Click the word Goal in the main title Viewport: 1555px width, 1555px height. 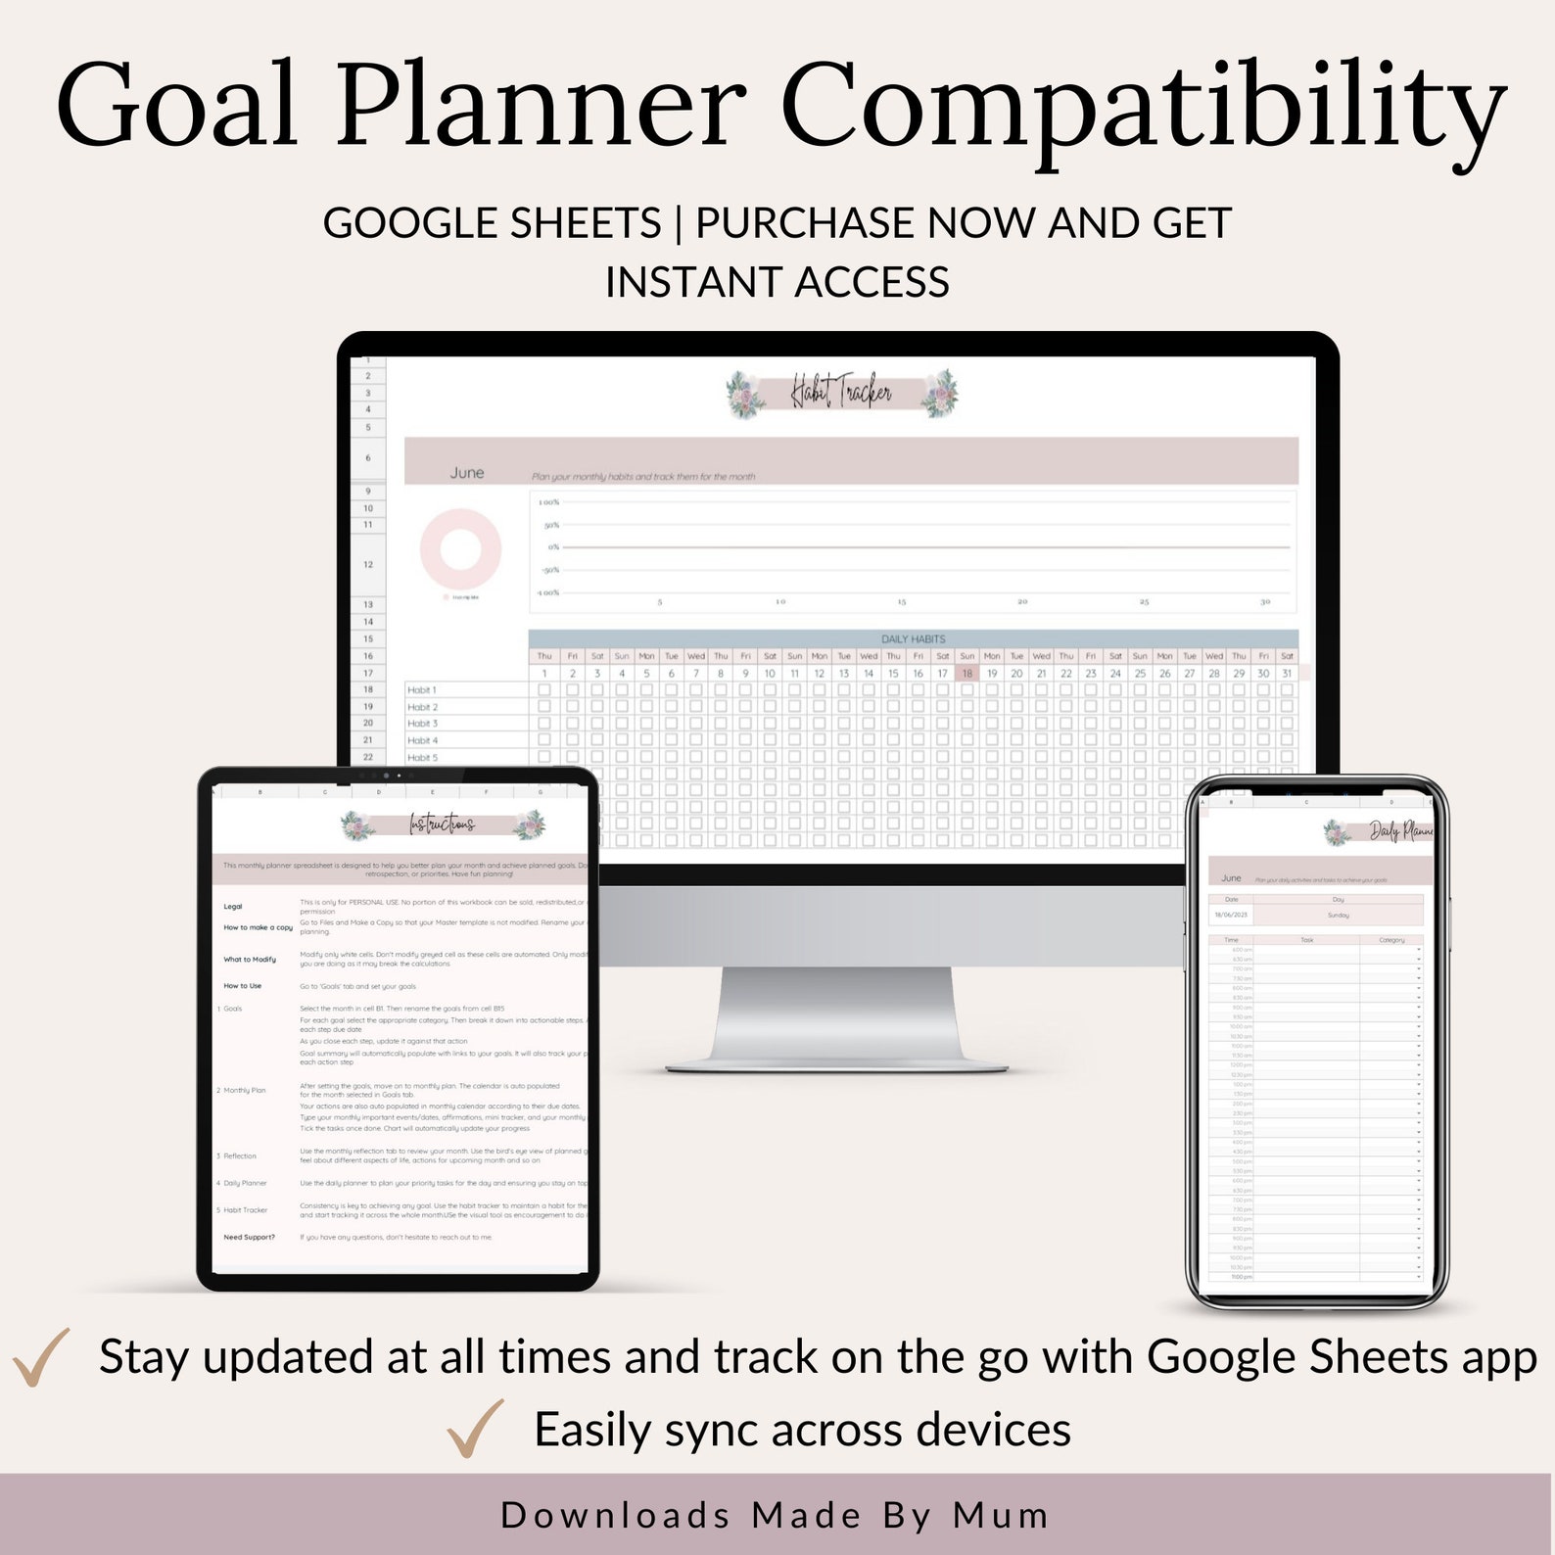click(176, 106)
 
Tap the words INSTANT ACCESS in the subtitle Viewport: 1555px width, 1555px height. click(777, 283)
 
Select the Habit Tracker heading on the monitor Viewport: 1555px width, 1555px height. click(841, 394)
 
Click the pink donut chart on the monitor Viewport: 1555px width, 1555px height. click(460, 548)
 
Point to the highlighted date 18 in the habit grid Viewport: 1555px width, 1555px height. click(966, 674)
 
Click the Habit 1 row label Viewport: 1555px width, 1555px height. click(422, 690)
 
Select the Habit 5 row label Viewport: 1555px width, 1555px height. click(422, 758)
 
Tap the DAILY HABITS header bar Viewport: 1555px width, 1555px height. click(913, 638)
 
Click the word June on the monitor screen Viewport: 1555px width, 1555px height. click(467, 473)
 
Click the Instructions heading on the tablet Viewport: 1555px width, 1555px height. click(443, 825)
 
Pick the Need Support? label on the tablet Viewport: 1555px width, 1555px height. click(249, 1238)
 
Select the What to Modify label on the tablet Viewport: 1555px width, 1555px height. click(250, 960)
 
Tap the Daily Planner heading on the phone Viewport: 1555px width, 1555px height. click(1400, 832)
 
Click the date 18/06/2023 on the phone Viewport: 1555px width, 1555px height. click(1231, 916)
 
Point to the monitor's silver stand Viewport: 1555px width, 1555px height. click(837, 1018)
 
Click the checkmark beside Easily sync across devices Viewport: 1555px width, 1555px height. click(475, 1429)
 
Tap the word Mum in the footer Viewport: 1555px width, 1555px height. click(1001, 1515)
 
